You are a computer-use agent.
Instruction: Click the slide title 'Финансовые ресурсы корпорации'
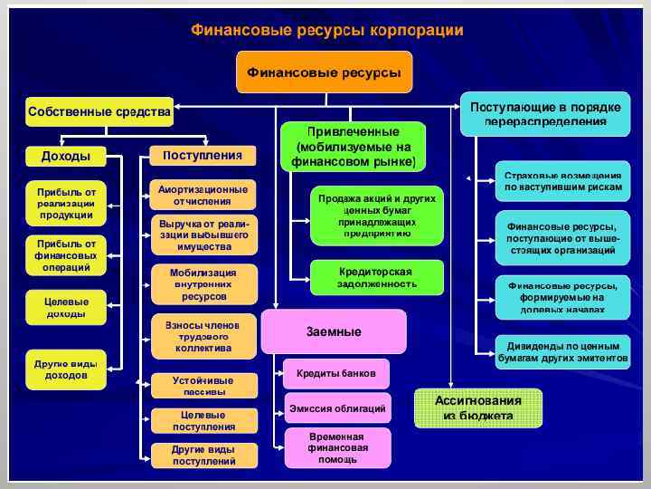(326, 30)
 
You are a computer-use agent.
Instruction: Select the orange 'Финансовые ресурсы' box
(324, 72)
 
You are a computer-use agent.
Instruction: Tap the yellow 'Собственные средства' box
(99, 111)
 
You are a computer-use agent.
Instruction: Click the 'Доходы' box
(66, 156)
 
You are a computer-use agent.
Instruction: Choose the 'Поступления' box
(203, 156)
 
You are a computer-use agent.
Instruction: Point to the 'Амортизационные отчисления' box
(203, 195)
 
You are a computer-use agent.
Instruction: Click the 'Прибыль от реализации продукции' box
(66, 203)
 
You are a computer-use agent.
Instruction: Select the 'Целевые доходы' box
(66, 307)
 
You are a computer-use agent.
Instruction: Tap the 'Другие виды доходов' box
(66, 369)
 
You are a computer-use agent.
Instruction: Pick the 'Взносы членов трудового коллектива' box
(203, 335)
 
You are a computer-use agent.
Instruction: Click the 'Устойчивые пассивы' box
(203, 386)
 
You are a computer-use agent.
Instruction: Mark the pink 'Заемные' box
(334, 331)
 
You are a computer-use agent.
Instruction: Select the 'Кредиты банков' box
(337, 373)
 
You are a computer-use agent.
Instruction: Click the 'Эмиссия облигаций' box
(337, 408)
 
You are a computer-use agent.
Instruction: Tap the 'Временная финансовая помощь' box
(337, 447)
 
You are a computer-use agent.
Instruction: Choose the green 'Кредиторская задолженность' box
(377, 277)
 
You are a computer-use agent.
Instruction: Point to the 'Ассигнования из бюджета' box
(477, 407)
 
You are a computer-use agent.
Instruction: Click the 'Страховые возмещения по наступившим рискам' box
(562, 180)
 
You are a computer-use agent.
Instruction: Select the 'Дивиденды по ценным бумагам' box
(562, 351)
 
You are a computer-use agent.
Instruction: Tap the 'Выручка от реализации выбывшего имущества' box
(203, 235)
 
